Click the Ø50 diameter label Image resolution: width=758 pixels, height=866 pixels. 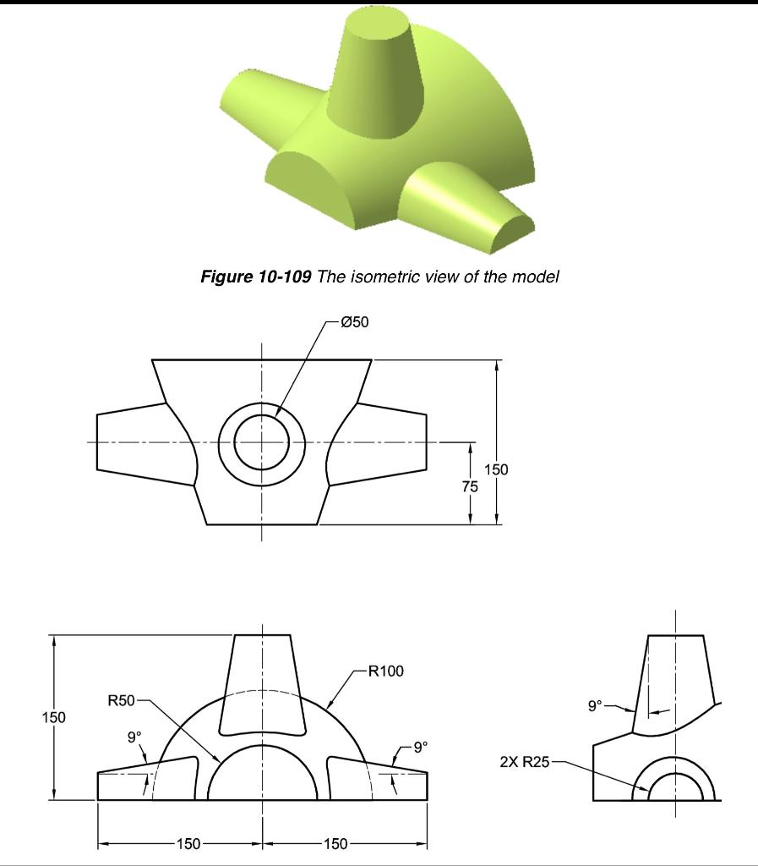click(x=356, y=322)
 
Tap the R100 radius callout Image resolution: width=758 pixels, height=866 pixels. click(x=386, y=671)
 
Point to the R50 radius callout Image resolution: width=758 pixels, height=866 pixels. click(x=122, y=700)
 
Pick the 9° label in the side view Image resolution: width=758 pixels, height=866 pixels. click(x=597, y=704)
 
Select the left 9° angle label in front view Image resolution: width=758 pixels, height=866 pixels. click(x=134, y=737)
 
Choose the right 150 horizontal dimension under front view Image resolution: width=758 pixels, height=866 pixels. click(x=334, y=843)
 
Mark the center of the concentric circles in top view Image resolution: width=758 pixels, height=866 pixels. click(x=262, y=442)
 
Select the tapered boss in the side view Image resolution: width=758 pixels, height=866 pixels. click(x=674, y=681)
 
